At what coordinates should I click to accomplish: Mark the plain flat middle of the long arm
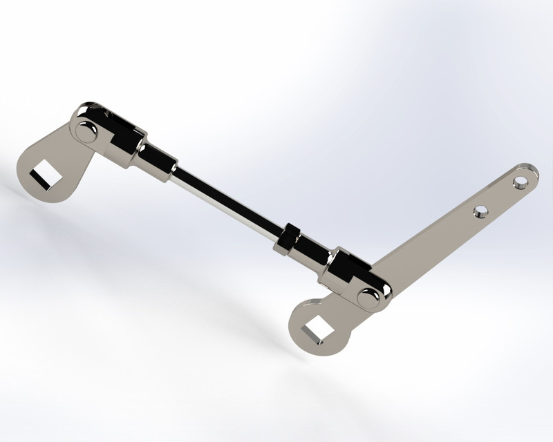tap(429, 242)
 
